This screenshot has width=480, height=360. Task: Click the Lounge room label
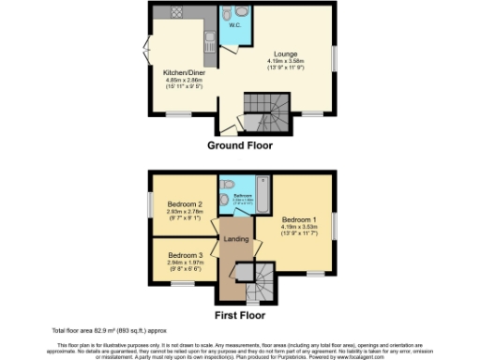[x=286, y=53]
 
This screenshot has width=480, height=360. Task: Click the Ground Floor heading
[x=241, y=146]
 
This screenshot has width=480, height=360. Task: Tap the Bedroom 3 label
[x=185, y=254]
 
